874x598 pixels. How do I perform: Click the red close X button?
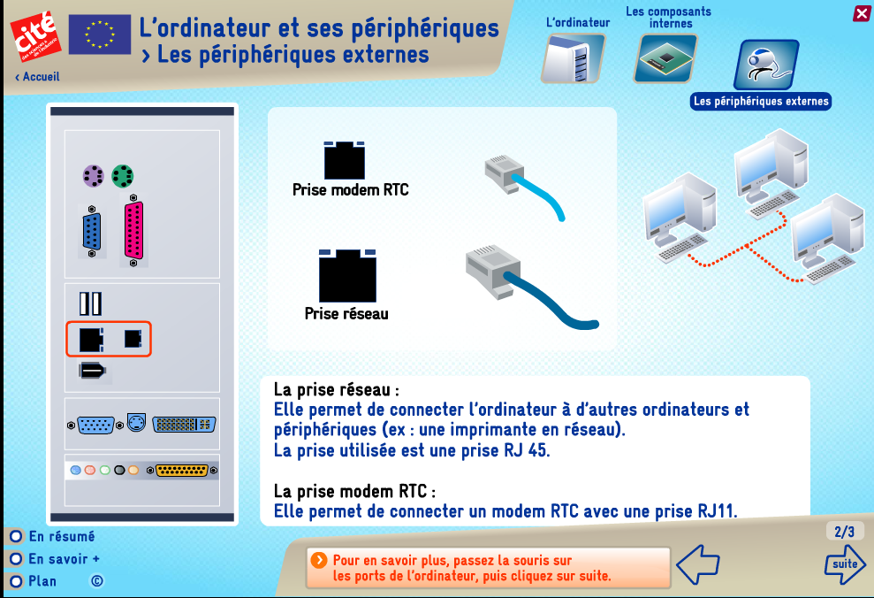tap(861, 13)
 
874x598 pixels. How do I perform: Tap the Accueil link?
tap(37, 76)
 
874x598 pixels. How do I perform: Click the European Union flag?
tap(100, 34)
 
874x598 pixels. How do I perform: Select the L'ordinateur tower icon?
tap(573, 58)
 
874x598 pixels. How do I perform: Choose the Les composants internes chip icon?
tap(665, 58)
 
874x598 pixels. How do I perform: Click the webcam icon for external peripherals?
tap(766, 65)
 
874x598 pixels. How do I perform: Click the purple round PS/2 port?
tap(93, 176)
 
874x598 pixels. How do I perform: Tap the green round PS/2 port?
tap(123, 176)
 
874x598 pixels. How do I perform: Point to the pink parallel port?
tap(133, 230)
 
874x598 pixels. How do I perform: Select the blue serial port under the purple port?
tap(92, 231)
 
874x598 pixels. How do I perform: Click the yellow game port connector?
tap(182, 471)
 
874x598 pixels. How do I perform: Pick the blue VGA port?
tap(95, 425)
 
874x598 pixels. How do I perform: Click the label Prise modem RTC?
tap(351, 189)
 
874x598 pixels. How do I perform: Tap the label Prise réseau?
tap(346, 313)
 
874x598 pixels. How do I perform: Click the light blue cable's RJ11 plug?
tap(505, 174)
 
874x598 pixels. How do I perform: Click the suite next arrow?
tap(845, 564)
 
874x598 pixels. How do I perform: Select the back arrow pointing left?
tap(698, 564)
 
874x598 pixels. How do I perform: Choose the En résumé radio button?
tap(16, 536)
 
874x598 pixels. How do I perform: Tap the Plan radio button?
tap(16, 581)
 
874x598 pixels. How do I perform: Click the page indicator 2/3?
tap(845, 532)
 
